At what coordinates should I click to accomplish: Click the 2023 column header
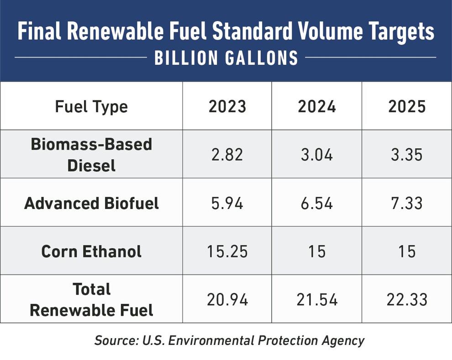(227, 106)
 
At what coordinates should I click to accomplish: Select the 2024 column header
(317, 106)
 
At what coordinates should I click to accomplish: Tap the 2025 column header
(407, 106)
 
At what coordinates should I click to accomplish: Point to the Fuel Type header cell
(91, 107)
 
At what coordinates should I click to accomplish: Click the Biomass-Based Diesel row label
(91, 154)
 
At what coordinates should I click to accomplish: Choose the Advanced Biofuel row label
(91, 203)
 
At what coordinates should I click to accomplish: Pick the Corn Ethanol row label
(91, 251)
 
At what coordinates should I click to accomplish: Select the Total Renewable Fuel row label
(91, 300)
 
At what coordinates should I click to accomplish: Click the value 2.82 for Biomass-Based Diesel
(227, 155)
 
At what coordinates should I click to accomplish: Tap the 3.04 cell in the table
(317, 155)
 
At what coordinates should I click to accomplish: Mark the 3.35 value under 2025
(407, 155)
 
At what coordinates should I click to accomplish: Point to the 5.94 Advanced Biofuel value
(227, 203)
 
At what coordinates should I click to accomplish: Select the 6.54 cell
(317, 203)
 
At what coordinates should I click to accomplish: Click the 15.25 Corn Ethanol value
(227, 251)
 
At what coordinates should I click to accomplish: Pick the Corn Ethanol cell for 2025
(407, 251)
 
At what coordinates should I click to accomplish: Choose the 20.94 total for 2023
(227, 300)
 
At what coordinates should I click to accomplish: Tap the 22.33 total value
(407, 300)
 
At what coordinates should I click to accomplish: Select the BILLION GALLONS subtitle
(226, 58)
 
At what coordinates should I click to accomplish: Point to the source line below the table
(229, 340)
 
